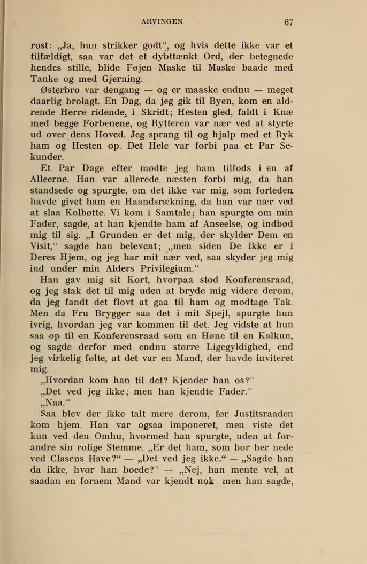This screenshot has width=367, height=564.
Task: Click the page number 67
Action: coord(289,22)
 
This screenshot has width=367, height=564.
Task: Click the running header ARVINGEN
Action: coord(162,22)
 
